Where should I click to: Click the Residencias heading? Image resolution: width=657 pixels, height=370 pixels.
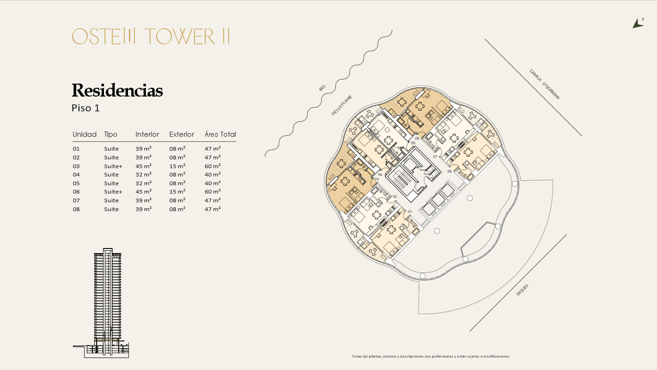coord(117,90)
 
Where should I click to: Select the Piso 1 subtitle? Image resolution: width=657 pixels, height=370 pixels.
coord(85,108)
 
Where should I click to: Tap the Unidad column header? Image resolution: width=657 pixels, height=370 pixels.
coord(85,134)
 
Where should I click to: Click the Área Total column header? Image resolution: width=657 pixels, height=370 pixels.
coord(220,134)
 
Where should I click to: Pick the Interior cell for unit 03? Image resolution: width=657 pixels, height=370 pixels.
coord(143,166)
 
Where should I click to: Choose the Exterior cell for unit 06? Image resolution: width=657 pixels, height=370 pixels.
coord(177,191)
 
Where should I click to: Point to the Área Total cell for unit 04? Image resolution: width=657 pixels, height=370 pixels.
coord(213,175)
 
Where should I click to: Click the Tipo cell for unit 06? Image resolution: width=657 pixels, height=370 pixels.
coord(113,192)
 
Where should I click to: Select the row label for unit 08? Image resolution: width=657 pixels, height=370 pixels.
coord(76,209)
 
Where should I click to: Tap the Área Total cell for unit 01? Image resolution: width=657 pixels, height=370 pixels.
coord(213,149)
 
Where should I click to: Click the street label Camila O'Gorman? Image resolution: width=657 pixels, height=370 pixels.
coord(544,85)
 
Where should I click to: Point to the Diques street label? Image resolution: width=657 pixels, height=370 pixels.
coord(522,290)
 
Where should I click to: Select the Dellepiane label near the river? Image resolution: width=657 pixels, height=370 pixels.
coord(341,105)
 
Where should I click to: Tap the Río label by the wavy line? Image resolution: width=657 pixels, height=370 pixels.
coord(322,88)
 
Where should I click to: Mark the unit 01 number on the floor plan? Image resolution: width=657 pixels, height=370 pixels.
coord(410,212)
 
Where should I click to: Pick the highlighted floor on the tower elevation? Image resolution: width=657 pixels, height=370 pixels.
coord(107,339)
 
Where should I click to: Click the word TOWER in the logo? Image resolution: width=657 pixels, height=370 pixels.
coord(180,36)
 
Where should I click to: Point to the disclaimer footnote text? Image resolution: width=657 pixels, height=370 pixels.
coord(431,357)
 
